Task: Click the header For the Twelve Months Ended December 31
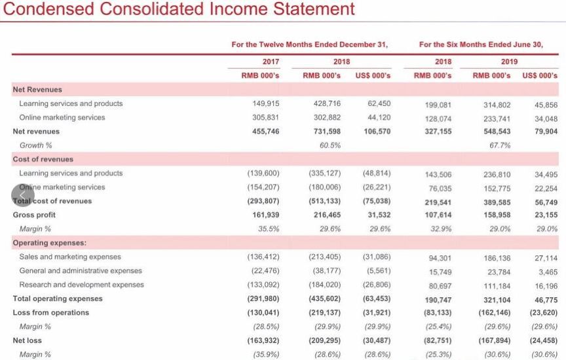(310, 45)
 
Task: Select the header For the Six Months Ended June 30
(481, 45)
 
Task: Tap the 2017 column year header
(271, 62)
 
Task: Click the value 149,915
(265, 103)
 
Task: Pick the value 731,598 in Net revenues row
(326, 132)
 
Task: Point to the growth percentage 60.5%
(330, 145)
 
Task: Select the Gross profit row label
(34, 215)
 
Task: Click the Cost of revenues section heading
(43, 159)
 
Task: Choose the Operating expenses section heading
(49, 243)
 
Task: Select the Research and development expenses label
(81, 285)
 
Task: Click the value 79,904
(546, 132)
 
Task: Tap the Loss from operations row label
(51, 312)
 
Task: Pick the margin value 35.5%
(269, 229)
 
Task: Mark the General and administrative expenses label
(80, 271)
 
